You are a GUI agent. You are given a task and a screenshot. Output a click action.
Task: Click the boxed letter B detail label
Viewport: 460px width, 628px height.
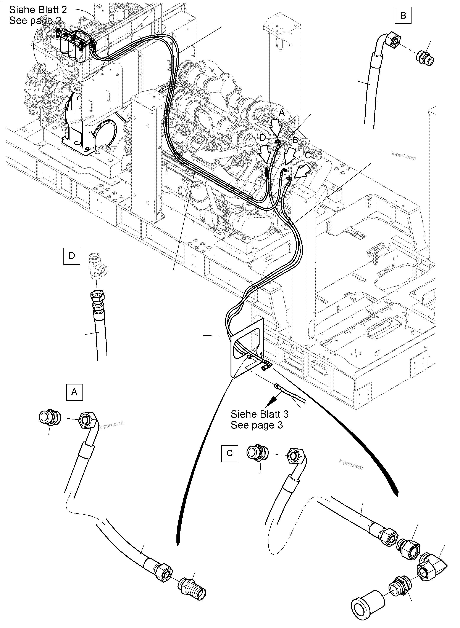point(403,16)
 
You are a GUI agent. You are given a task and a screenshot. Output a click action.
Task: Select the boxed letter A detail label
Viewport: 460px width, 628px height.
point(74,392)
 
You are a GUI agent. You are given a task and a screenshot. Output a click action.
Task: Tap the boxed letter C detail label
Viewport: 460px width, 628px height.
point(229,453)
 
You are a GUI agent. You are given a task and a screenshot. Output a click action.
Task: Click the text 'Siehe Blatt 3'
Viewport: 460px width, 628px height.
point(260,414)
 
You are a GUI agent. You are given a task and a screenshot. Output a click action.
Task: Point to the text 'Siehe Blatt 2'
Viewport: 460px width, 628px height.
point(38,10)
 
